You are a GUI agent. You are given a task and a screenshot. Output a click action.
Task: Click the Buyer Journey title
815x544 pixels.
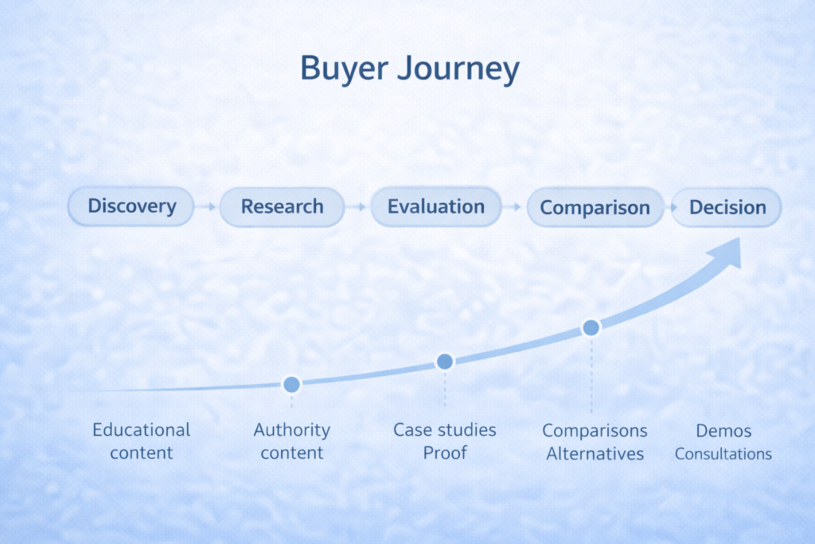click(x=410, y=68)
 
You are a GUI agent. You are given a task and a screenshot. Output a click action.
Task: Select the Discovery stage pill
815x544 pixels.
click(x=131, y=206)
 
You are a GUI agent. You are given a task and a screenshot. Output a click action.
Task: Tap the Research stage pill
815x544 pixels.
click(x=283, y=207)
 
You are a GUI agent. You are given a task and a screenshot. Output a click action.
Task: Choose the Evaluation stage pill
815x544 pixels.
click(x=436, y=207)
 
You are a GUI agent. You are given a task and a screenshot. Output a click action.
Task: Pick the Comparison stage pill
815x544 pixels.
click(x=595, y=208)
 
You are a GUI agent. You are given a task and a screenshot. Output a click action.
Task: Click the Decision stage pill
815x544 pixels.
click(x=727, y=208)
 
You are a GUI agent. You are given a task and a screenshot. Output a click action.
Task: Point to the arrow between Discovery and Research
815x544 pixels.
click(x=207, y=207)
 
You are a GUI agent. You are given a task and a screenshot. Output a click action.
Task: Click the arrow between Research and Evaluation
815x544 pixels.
click(x=357, y=207)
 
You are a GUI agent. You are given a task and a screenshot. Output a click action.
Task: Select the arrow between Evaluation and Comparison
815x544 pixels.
click(x=514, y=207)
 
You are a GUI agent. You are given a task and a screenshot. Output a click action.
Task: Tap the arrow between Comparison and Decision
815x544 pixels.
click(x=672, y=208)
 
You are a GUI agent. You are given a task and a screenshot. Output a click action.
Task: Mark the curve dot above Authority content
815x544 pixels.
click(x=291, y=385)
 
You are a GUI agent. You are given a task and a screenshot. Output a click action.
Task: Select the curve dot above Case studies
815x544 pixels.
click(x=445, y=362)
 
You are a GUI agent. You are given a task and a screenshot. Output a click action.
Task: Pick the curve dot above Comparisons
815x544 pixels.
click(x=591, y=327)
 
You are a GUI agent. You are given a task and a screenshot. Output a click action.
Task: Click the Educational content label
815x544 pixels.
click(x=142, y=441)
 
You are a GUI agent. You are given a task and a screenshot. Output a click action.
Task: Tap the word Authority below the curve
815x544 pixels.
click(x=291, y=430)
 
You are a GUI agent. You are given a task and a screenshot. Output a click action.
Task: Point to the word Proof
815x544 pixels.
click(x=445, y=453)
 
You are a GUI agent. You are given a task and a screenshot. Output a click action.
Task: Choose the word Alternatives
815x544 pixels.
click(x=595, y=454)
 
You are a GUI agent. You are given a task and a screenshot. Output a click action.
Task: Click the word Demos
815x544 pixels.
click(x=723, y=431)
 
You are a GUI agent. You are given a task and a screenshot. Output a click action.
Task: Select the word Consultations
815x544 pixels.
click(x=723, y=454)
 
